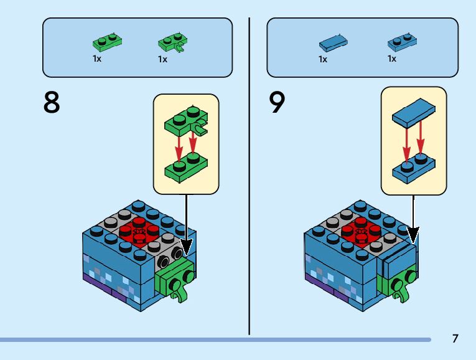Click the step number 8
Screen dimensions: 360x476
(x=52, y=103)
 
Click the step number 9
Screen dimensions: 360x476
(x=278, y=103)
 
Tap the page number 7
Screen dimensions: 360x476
(x=455, y=339)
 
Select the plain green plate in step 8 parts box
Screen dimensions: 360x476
(x=107, y=42)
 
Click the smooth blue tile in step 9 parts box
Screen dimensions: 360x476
(x=332, y=43)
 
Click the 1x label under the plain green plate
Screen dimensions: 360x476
(x=97, y=59)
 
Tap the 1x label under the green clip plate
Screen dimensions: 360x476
(x=162, y=59)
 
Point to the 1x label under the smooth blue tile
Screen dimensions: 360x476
(x=322, y=59)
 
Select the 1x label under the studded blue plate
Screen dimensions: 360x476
(x=391, y=59)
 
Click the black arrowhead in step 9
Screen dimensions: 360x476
(x=413, y=237)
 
